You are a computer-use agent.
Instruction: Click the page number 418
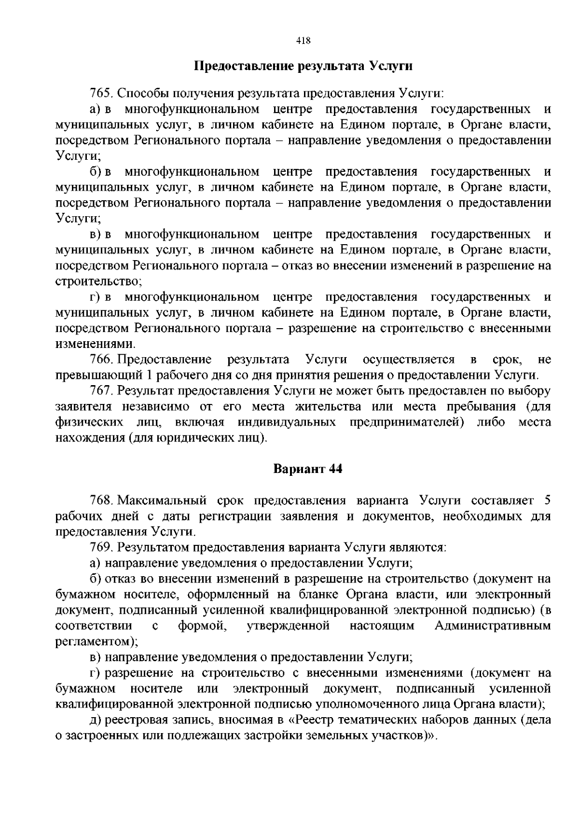303,41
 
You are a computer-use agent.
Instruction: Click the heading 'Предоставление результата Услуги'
303,66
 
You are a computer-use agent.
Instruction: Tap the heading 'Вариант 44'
308,469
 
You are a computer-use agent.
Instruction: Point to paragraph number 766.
101,360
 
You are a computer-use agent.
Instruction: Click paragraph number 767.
101,390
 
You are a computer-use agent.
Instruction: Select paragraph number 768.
101,500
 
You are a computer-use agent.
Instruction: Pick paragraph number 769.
101,547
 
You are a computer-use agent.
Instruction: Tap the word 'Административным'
493,626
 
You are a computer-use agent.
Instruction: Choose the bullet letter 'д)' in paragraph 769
95,720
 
